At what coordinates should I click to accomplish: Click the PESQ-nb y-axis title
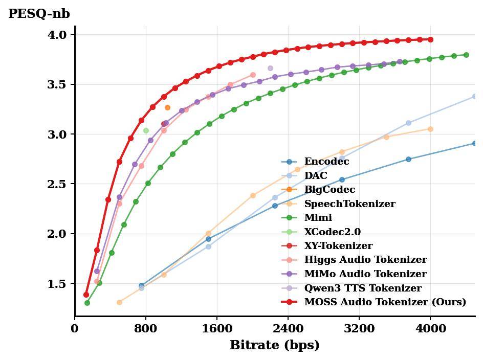point(39,14)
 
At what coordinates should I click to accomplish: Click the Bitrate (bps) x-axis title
point(274,345)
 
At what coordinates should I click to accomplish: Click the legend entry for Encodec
point(326,162)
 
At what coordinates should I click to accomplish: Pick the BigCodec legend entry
point(330,190)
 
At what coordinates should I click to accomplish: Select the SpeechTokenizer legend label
point(349,204)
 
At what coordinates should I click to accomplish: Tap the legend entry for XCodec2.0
point(332,232)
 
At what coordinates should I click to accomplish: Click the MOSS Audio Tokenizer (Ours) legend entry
point(385,302)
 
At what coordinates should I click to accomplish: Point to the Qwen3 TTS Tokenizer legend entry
point(363,288)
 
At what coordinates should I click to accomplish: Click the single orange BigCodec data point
point(167,107)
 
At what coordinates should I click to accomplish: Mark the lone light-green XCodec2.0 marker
point(146,131)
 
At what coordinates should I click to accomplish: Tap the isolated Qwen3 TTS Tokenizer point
point(270,68)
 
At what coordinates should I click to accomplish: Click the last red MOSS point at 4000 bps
point(430,39)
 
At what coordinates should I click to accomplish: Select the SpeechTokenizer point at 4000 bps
point(430,129)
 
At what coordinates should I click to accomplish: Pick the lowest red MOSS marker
point(86,295)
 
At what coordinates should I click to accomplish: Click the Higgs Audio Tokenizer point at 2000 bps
point(253,75)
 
